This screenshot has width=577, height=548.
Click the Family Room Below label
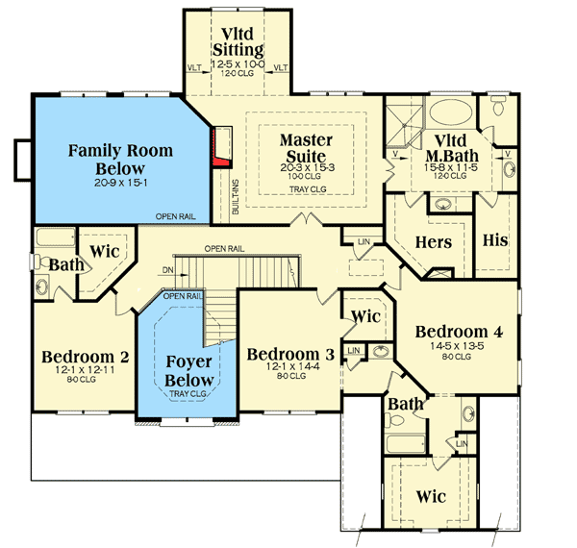click(121, 159)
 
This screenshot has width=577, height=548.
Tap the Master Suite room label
click(306, 148)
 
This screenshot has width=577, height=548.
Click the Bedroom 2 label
click(86, 358)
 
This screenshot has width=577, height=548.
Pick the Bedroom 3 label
click(290, 355)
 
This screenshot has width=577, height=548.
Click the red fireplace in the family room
click(223, 146)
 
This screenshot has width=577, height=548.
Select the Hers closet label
click(432, 242)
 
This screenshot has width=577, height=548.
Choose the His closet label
click(494, 239)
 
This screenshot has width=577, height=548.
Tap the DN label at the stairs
click(168, 270)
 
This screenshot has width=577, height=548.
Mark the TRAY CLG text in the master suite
click(306, 189)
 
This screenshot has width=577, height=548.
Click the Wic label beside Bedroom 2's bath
click(104, 251)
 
